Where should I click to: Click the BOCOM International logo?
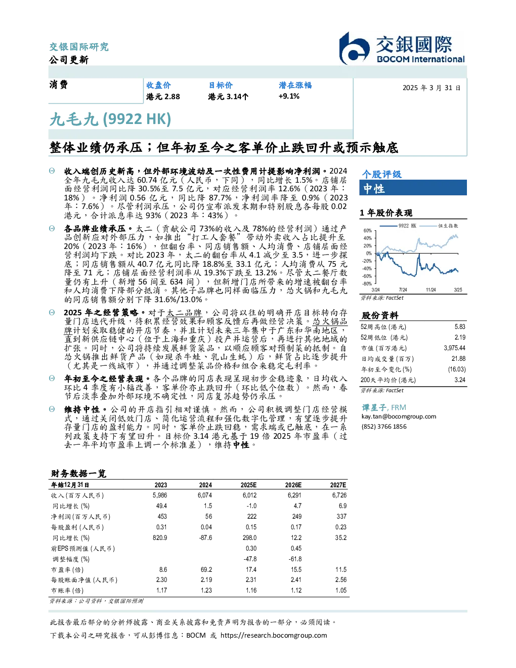pos(402,48)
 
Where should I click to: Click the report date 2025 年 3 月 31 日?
pos(432,88)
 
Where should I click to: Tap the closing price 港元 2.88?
pos(163,97)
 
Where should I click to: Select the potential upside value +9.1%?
pos(289,96)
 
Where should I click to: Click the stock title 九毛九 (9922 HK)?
pos(110,119)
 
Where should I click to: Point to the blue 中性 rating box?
pos(413,188)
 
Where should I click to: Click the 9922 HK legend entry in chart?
pos(398,226)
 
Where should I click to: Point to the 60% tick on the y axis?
pos(368,231)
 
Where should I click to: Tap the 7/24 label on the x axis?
pos(403,289)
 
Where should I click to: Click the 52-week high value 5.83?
pos(460,327)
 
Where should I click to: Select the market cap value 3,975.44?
pos(454,348)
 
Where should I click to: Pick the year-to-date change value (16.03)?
pos(457,369)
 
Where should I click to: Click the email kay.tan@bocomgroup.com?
pos(399,416)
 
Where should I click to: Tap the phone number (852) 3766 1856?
pos(384,427)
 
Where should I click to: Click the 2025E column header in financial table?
pos(248,485)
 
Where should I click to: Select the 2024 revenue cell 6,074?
pos(205,495)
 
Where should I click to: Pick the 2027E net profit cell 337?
pos(341,517)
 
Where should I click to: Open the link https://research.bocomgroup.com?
pos(274,636)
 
